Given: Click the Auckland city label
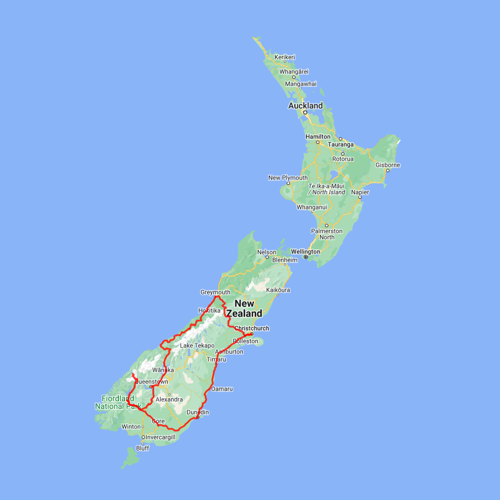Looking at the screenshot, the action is coord(305,106).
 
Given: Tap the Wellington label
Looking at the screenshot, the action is coord(305,252).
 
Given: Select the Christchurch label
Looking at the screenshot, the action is coord(252,328).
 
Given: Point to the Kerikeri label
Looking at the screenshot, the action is coord(284,57).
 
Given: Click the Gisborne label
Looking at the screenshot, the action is coord(388,165).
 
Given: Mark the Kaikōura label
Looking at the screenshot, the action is coord(278,290).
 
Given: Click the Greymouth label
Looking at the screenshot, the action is coord(215,292).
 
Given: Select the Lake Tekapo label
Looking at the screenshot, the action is coord(197,346).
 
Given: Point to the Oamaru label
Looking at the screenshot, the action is coord(222,389).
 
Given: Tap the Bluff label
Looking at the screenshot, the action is coord(143,448).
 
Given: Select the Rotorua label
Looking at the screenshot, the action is coord(343,159).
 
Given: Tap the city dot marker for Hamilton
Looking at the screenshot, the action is coord(318,142).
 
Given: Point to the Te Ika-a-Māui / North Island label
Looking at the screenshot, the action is coord(327,189).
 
